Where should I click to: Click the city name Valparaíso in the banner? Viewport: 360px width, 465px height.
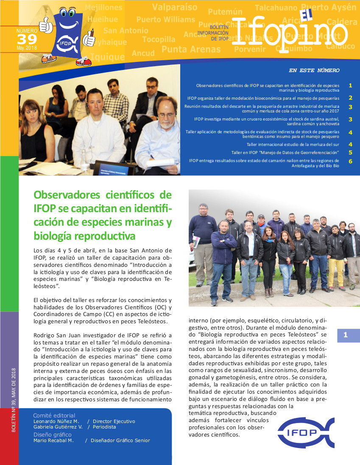click(x=174, y=7)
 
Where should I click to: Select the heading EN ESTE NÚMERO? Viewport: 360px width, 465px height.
click(x=314, y=70)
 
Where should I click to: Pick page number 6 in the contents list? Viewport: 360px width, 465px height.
click(x=350, y=161)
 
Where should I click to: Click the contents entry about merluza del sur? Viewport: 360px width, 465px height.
click(x=293, y=145)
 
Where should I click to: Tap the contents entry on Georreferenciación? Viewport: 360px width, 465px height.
click(x=285, y=152)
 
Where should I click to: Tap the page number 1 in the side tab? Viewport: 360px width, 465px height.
click(x=346, y=335)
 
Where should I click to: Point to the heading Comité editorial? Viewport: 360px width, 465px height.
click(x=54, y=415)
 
